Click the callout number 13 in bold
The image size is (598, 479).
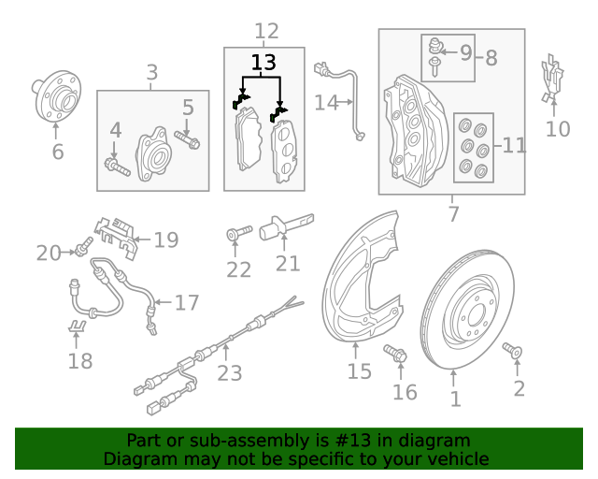[264, 64]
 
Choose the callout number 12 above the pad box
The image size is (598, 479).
[266, 32]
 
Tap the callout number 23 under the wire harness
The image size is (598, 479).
[230, 373]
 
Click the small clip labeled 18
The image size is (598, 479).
[78, 327]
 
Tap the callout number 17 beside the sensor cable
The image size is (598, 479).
[187, 302]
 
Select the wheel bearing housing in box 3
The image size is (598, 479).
[152, 153]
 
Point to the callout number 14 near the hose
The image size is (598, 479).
[326, 102]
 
